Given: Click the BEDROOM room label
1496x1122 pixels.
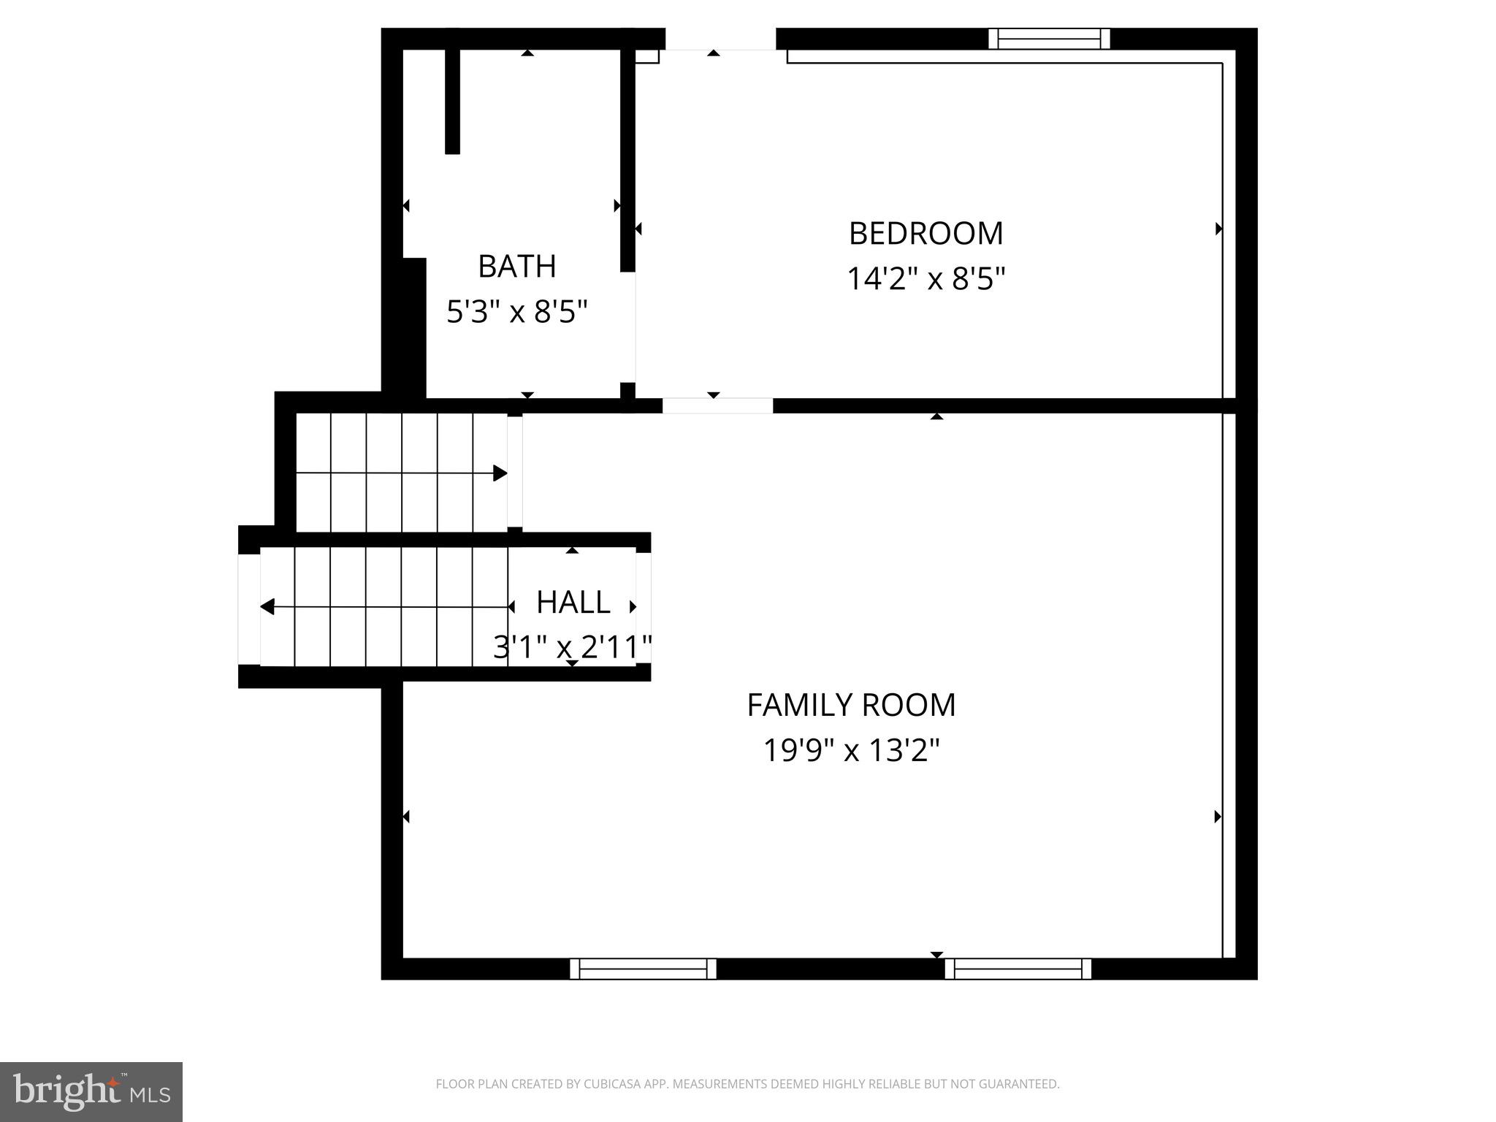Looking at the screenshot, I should point(926,234).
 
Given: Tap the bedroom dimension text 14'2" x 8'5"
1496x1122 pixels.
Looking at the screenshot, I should point(926,279).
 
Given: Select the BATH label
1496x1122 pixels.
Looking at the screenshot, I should point(516,267).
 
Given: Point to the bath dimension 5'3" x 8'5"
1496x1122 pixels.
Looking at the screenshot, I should point(516,313).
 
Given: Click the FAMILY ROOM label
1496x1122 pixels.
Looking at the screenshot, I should point(851,706).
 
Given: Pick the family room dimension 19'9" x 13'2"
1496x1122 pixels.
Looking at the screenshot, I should point(851,751).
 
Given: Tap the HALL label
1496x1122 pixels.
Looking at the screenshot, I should point(573,603).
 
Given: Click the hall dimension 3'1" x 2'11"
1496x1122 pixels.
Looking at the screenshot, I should point(573,647).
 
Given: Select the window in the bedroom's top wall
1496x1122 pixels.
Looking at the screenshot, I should point(1049,39).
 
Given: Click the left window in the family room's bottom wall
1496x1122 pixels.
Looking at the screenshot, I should point(643,969).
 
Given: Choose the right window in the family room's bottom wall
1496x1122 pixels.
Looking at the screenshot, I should point(1018,969).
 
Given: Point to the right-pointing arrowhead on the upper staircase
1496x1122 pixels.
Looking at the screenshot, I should point(500,473).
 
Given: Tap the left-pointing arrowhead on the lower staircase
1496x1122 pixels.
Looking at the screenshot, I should point(267,606).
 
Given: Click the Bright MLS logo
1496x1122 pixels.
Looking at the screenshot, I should point(91,1091).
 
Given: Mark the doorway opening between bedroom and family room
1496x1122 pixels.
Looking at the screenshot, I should point(717,405).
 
